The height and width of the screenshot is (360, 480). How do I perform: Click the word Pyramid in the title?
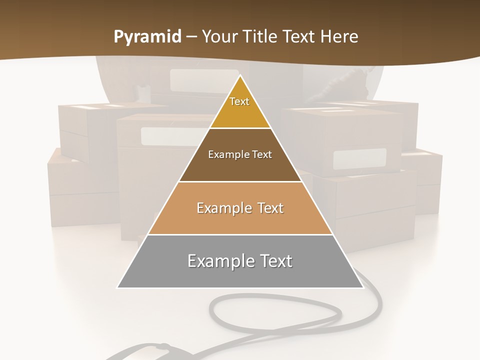[147, 37]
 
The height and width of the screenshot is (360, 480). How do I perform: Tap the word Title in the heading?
[262, 37]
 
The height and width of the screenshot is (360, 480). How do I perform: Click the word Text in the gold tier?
[239, 101]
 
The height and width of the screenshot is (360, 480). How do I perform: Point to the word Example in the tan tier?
[222, 208]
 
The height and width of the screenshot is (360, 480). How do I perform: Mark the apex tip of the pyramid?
[240, 76]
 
